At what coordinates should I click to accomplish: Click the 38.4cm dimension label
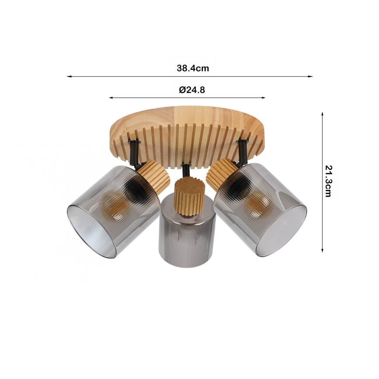click(193, 68)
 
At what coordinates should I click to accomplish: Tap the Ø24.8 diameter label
click(192, 90)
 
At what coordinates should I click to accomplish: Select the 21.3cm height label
click(328, 181)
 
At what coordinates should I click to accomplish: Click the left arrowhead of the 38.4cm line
click(69, 76)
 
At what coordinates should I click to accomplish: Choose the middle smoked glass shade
click(187, 240)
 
